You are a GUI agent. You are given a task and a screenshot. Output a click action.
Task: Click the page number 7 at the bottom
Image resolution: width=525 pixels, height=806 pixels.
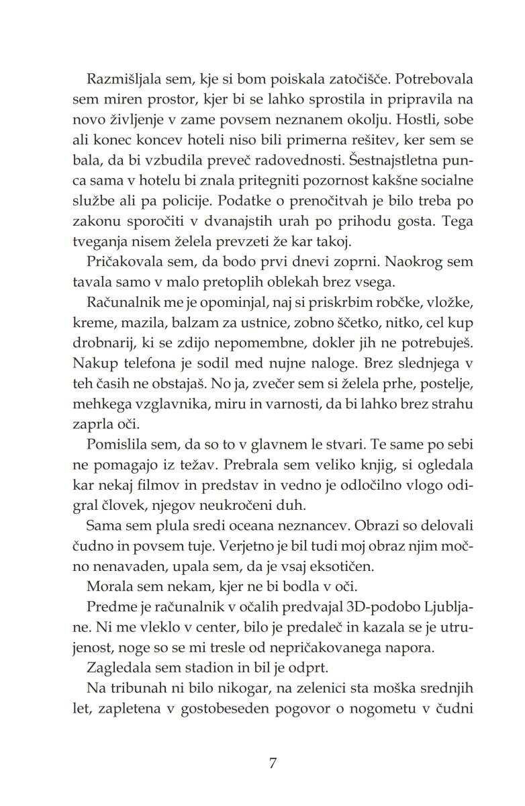272,763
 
